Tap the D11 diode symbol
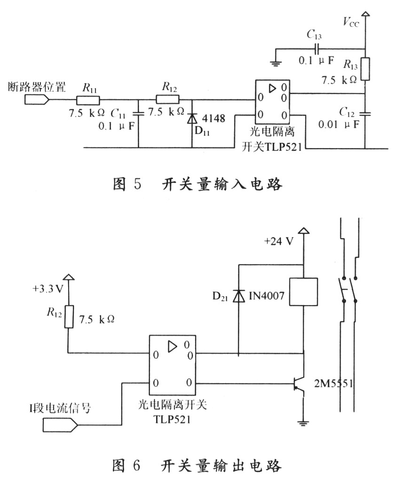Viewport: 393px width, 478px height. pyautogui.click(x=192, y=118)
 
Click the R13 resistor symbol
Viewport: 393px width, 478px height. pyautogui.click(x=365, y=69)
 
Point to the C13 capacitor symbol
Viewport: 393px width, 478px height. pyautogui.click(x=317, y=48)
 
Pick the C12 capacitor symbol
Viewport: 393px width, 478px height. pyautogui.click(x=365, y=114)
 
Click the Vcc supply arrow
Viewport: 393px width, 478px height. pyautogui.click(x=365, y=14)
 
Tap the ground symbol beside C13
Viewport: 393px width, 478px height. pyautogui.click(x=275, y=63)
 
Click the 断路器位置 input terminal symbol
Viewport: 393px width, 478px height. pyautogui.click(x=37, y=100)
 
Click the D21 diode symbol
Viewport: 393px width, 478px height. pyautogui.click(x=239, y=296)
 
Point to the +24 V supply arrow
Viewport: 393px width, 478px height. pyautogui.click(x=303, y=230)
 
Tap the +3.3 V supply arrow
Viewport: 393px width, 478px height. pyautogui.click(x=69, y=277)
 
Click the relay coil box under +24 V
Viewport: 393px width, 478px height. pyautogui.click(x=303, y=292)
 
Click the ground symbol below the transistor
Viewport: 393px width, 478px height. pyautogui.click(x=303, y=423)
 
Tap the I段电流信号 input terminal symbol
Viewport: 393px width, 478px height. pyautogui.click(x=60, y=424)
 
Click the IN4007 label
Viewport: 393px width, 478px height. pyautogui.click(x=267, y=296)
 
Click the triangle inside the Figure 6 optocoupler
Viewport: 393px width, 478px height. pyautogui.click(x=172, y=346)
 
